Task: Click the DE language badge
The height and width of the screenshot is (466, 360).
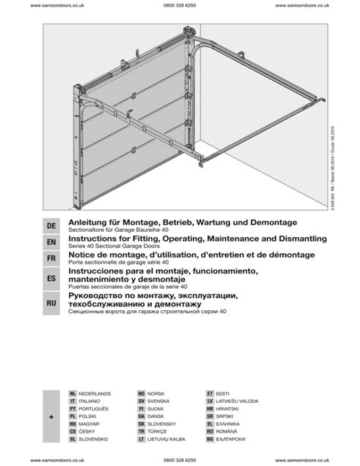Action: (52, 226)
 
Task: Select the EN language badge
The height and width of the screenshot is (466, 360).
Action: (52, 243)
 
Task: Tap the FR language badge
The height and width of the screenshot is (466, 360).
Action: (52, 259)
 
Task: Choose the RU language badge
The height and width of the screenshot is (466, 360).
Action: (52, 303)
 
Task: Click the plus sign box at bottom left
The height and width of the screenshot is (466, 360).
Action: (52, 417)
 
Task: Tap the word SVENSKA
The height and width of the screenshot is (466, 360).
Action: (158, 401)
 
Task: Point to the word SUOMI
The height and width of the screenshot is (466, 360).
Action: (156, 409)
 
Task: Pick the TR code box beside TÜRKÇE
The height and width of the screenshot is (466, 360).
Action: (141, 432)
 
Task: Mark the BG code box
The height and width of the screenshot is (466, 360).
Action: (210, 439)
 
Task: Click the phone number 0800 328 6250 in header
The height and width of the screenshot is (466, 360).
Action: (179, 5)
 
